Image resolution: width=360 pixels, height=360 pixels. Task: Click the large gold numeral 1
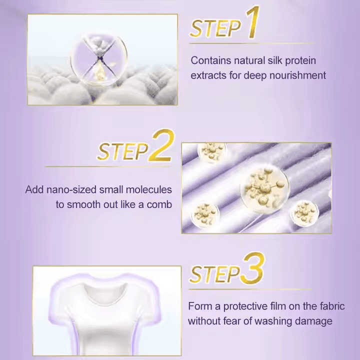pyautogui.click(x=253, y=22)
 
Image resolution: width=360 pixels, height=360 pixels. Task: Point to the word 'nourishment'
pyautogui.click(x=297, y=75)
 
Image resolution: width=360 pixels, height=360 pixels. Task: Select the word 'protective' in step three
pyautogui.click(x=248, y=306)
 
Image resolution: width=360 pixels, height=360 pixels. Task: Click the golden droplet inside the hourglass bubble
pyautogui.click(x=99, y=71)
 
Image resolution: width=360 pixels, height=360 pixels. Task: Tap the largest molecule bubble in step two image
pyautogui.click(x=264, y=186)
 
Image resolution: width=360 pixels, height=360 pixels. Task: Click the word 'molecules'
pyautogui.click(x=149, y=189)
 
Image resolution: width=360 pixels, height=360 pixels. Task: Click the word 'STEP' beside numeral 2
pyautogui.click(x=123, y=151)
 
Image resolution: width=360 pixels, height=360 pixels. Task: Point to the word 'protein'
pyautogui.click(x=300, y=61)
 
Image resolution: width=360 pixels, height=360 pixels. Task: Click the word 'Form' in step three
pyautogui.click(x=200, y=306)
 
